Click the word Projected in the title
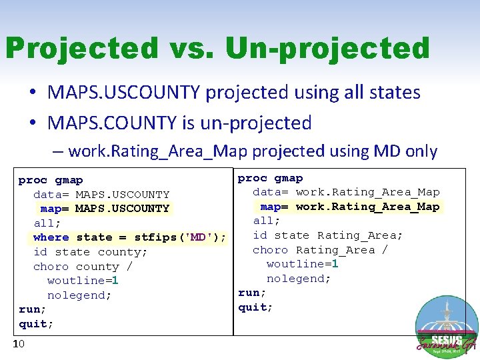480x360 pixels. (81, 48)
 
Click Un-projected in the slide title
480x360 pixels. (327, 48)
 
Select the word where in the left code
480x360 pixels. (51, 237)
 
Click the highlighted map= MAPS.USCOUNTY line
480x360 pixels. (105, 209)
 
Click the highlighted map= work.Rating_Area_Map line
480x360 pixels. (349, 207)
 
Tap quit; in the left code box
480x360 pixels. (36, 324)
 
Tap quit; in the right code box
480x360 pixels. (255, 307)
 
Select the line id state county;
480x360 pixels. (91, 252)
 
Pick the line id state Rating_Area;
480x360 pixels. (327, 235)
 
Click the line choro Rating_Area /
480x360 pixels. (320, 250)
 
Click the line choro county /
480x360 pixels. (83, 267)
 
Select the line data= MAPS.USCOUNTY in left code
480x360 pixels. (101, 195)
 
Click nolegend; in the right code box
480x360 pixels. (299, 279)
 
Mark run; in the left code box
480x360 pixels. (33, 309)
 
